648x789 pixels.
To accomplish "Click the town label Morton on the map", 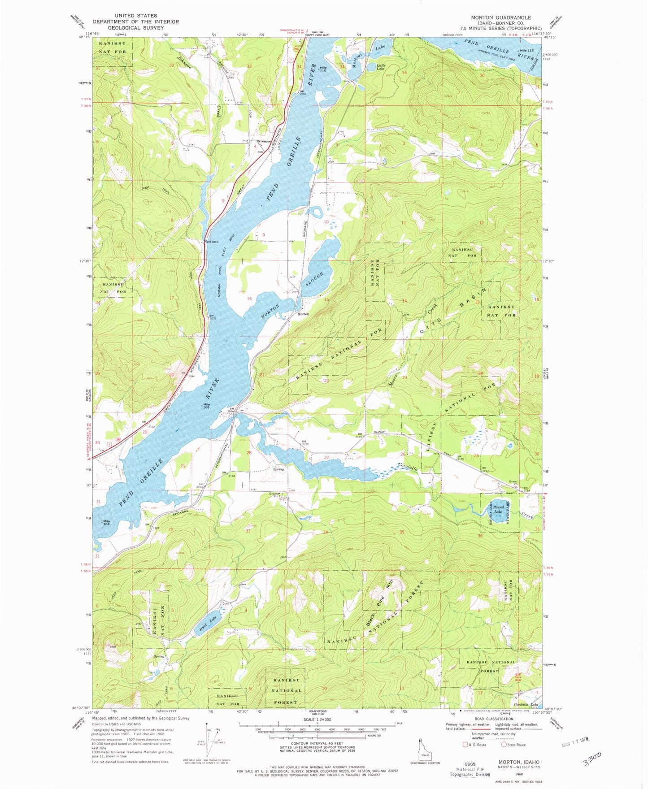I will (x=303, y=314).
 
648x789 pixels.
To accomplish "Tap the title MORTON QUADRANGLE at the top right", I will (x=500, y=17).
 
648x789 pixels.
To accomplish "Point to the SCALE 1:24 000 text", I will (x=317, y=720).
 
